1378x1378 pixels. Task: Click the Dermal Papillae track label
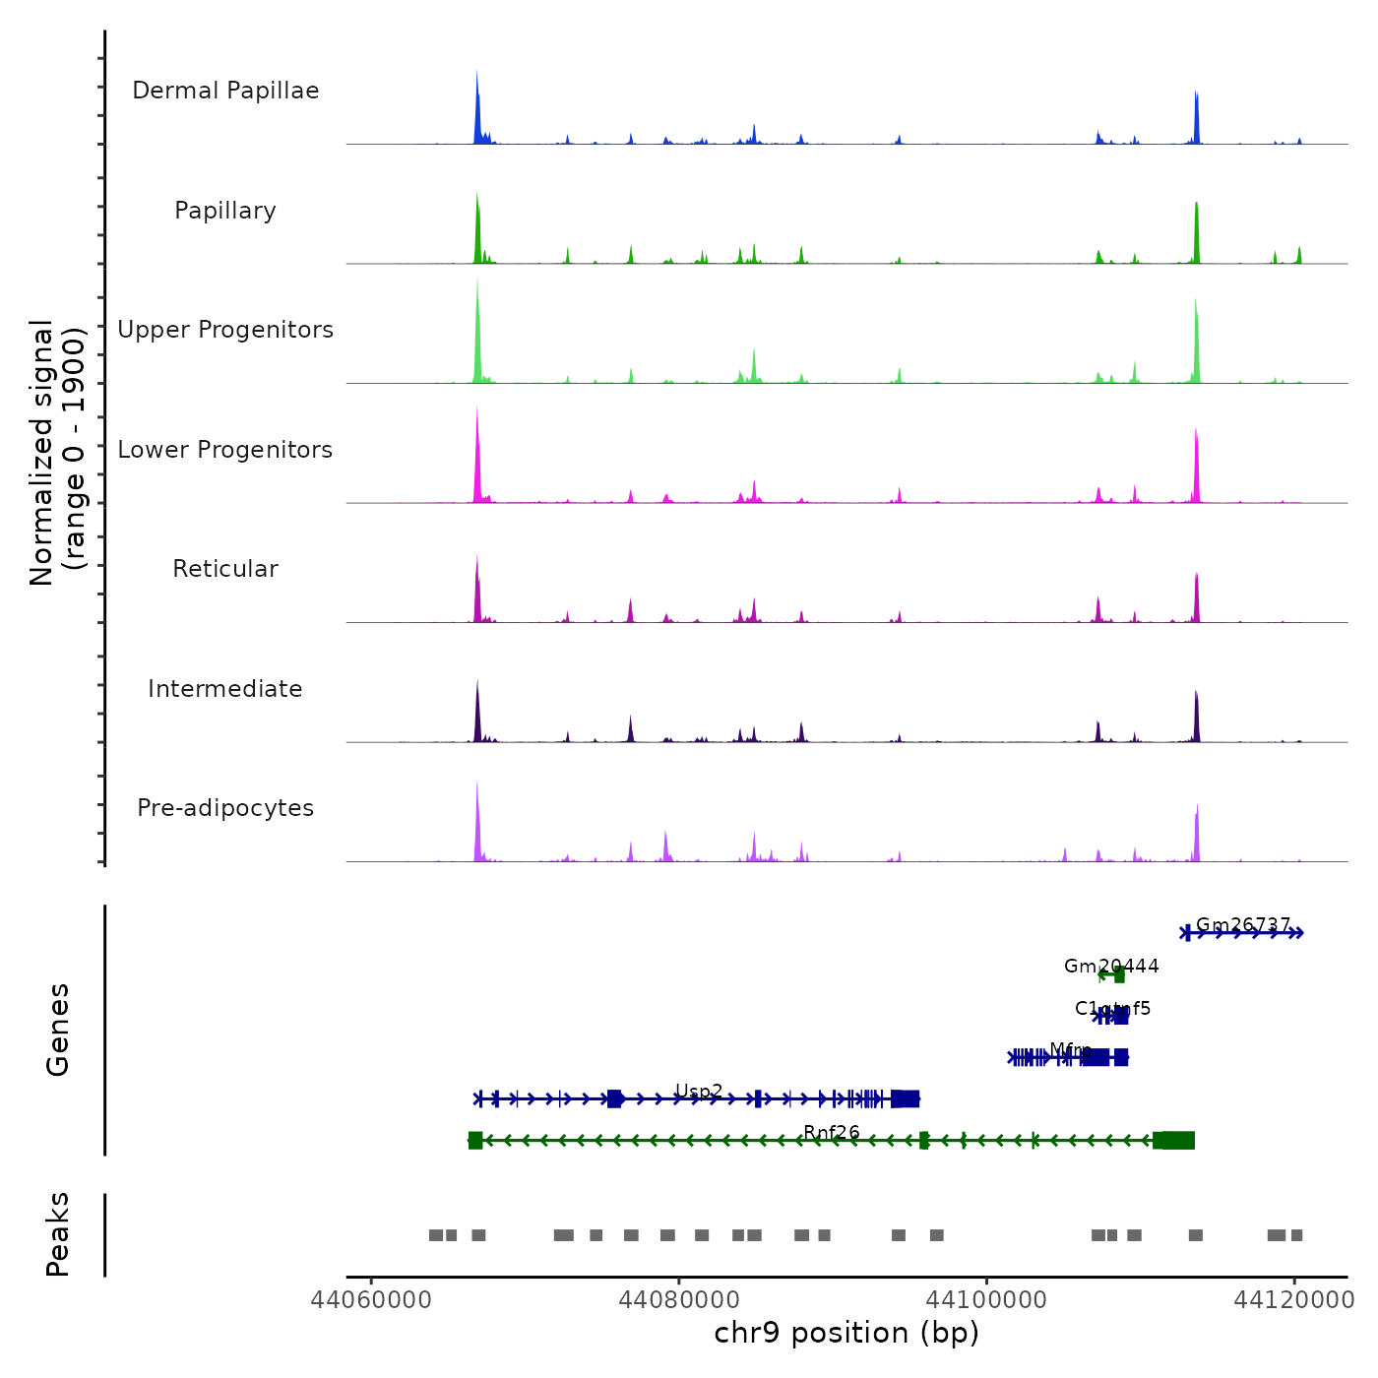point(225,91)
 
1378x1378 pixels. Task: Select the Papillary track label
point(225,211)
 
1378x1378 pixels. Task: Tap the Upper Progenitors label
point(225,330)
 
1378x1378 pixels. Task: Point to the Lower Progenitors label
point(225,450)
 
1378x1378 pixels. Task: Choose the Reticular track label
point(225,569)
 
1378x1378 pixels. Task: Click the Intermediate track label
point(225,689)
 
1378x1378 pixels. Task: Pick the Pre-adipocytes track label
point(225,808)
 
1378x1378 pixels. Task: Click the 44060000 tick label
point(371,1300)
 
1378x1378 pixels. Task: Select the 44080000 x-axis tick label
point(679,1300)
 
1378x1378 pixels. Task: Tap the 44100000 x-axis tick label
point(987,1300)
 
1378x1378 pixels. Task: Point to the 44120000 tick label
point(1295,1300)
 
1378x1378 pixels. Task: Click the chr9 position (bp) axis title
point(846,1333)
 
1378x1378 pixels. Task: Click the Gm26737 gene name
point(1243,925)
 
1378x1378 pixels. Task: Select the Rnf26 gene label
point(832,1133)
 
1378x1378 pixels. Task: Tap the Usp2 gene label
point(699,1092)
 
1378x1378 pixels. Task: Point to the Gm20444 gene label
point(1111,967)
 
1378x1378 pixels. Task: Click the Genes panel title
point(58,1030)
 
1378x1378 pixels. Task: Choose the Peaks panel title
point(58,1234)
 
